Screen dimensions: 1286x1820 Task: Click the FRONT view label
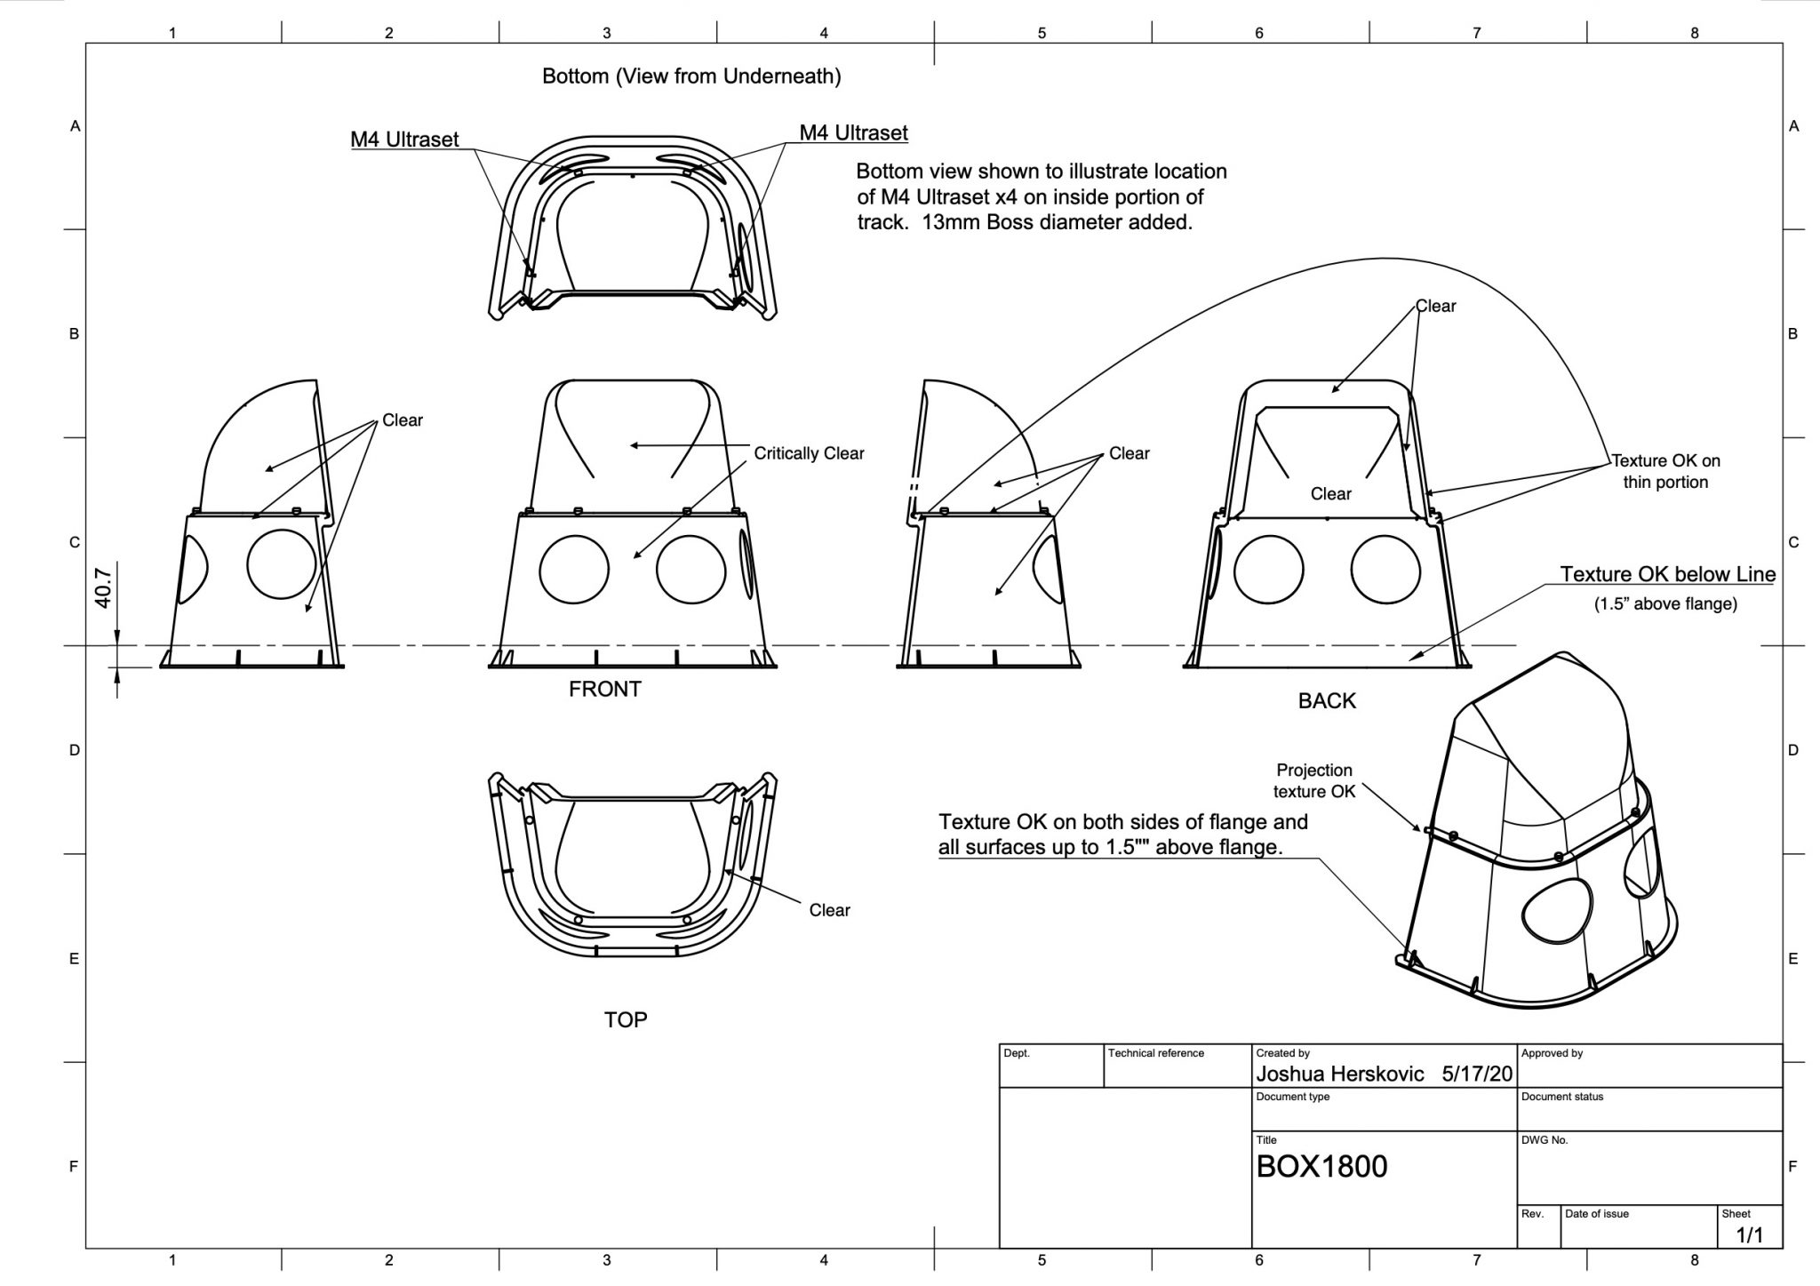[x=604, y=689]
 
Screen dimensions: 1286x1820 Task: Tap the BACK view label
[x=1327, y=701]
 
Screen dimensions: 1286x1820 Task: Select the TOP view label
[x=626, y=1019]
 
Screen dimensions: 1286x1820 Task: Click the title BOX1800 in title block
[x=1321, y=1166]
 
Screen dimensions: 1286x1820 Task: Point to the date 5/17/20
[x=1476, y=1074]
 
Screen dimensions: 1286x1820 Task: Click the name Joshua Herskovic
[x=1339, y=1074]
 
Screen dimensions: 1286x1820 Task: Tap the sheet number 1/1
[x=1749, y=1234]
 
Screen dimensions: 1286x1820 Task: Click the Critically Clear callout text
[x=809, y=453]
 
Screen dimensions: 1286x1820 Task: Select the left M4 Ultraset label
[x=404, y=140]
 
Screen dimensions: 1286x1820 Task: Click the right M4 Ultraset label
[x=853, y=133]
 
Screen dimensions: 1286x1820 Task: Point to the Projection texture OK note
[x=1314, y=780]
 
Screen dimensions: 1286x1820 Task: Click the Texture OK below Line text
[x=1668, y=574]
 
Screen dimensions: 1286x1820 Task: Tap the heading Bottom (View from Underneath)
[x=691, y=76]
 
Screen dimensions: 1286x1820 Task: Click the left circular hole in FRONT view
[x=574, y=569]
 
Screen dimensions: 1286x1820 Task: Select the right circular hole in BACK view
[x=1385, y=569]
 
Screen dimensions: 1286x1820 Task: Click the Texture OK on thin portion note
[x=1665, y=471]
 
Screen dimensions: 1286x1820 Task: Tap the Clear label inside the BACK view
[x=1330, y=494]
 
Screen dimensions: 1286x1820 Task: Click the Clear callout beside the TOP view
[x=829, y=910]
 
